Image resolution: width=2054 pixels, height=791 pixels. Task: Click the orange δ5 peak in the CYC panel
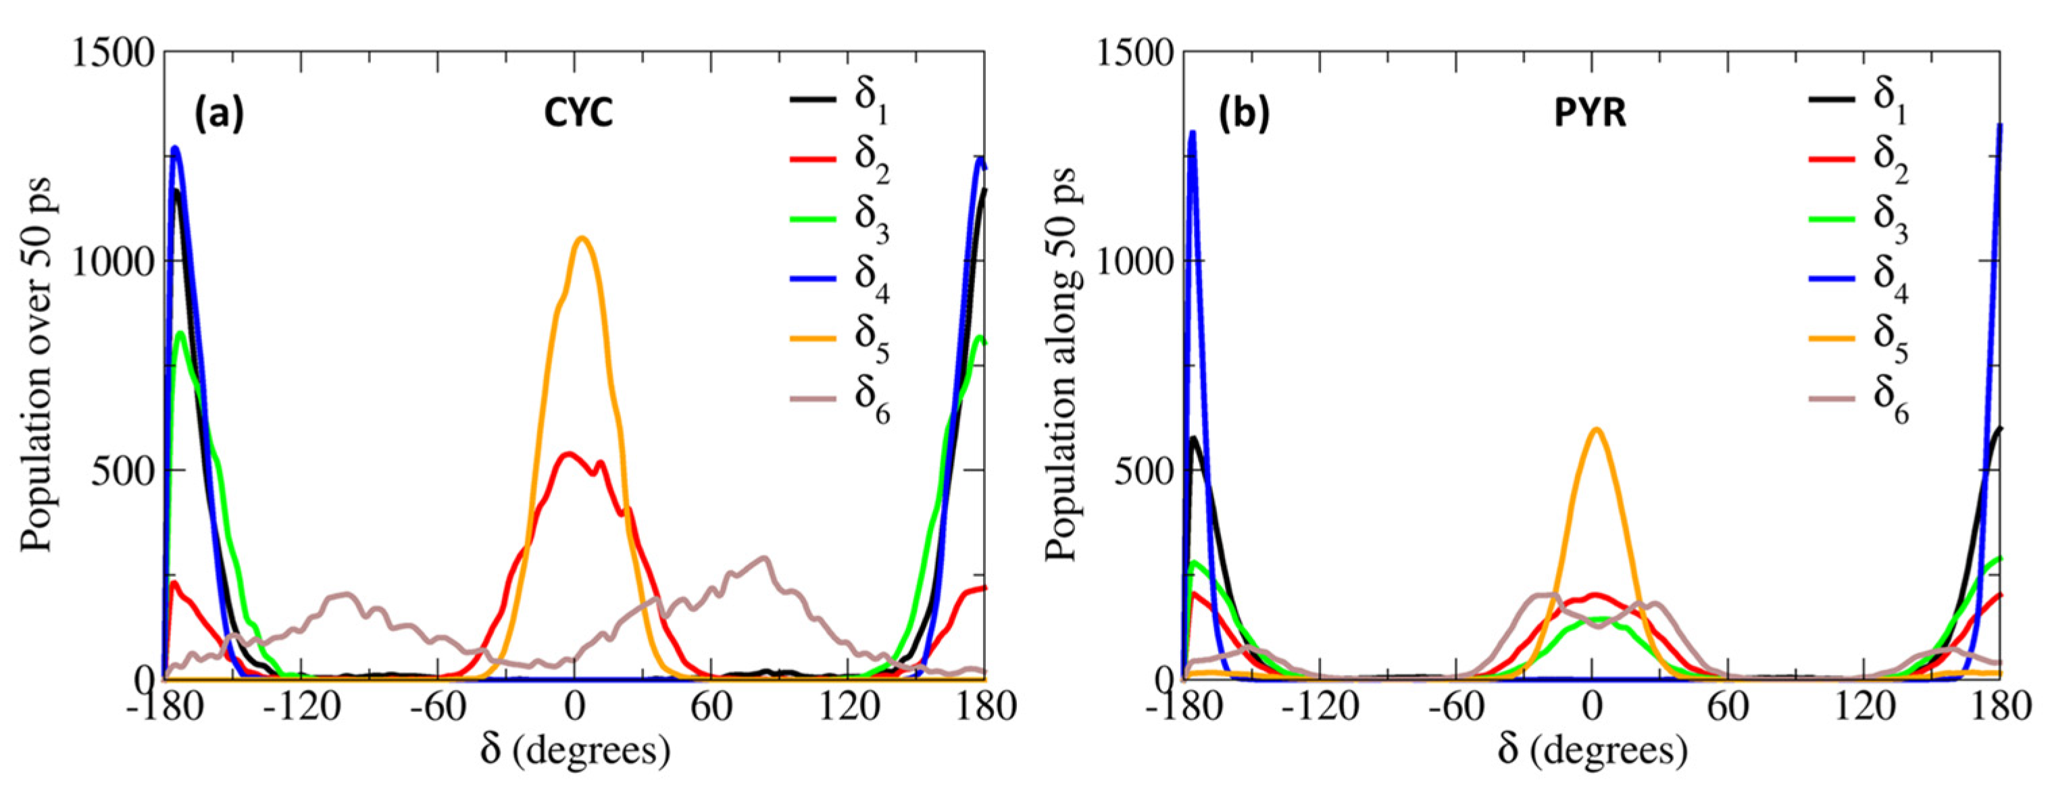pos(581,238)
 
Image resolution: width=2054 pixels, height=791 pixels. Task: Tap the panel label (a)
pos(220,114)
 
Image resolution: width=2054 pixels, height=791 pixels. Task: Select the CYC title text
pos(578,114)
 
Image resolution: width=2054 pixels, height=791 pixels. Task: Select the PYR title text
pos(1590,114)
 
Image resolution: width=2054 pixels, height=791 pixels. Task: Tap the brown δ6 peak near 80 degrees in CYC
pos(763,559)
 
